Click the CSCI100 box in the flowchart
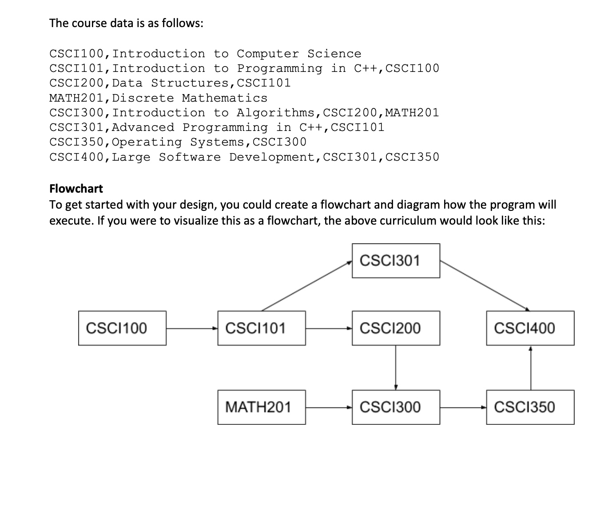click(x=122, y=328)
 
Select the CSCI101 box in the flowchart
click(x=262, y=328)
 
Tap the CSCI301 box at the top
click(x=396, y=261)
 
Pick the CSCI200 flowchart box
click(x=396, y=328)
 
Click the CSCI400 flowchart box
click(x=530, y=328)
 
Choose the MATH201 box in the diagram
click(x=262, y=407)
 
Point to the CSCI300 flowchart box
click(x=396, y=407)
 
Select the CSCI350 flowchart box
click(x=530, y=407)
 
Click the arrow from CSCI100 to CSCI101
click(x=192, y=328)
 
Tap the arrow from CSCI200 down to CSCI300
click(x=396, y=368)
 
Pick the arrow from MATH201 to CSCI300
click(x=329, y=407)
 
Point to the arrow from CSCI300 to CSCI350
click(x=463, y=407)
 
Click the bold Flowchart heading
click(x=76, y=189)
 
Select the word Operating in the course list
click(x=147, y=142)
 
